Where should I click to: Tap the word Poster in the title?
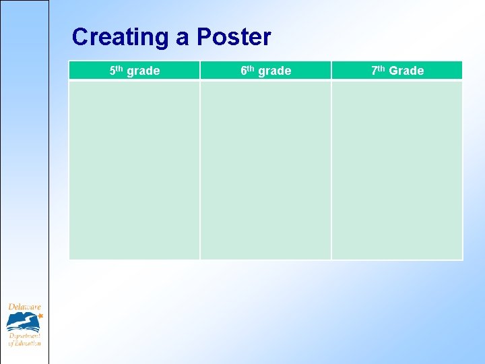point(234,37)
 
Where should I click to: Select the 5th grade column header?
point(134,70)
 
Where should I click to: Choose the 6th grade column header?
point(265,70)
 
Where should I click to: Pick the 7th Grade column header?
point(397,70)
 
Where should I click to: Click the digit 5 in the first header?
point(112,70)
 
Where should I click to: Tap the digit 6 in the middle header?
point(244,70)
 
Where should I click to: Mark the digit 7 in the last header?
point(374,70)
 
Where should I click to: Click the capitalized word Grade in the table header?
point(406,71)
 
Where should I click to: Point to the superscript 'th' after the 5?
point(120,68)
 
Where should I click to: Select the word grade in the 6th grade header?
point(275,71)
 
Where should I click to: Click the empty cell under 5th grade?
point(134,170)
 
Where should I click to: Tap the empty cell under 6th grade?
point(265,170)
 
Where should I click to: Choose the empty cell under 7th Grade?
point(397,170)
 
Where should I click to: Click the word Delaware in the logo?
point(24,307)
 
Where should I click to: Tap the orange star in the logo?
point(40,315)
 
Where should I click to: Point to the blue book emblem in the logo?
point(22,322)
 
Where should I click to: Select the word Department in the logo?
point(24,335)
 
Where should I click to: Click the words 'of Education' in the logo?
point(24,343)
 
